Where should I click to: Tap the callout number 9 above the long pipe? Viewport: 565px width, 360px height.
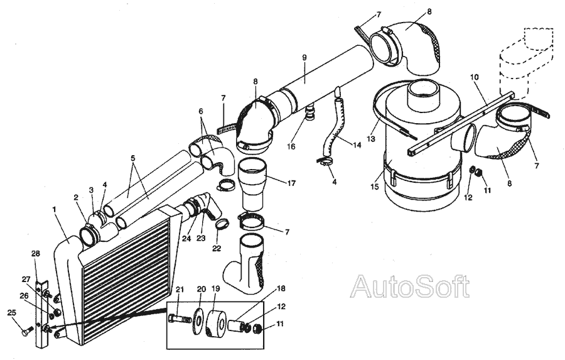pyautogui.click(x=304, y=58)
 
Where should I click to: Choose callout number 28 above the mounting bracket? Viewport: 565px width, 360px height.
pyautogui.click(x=36, y=254)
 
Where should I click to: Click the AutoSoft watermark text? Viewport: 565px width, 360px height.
pyautogui.click(x=409, y=287)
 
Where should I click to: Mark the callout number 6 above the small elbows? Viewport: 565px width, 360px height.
pyautogui.click(x=200, y=110)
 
